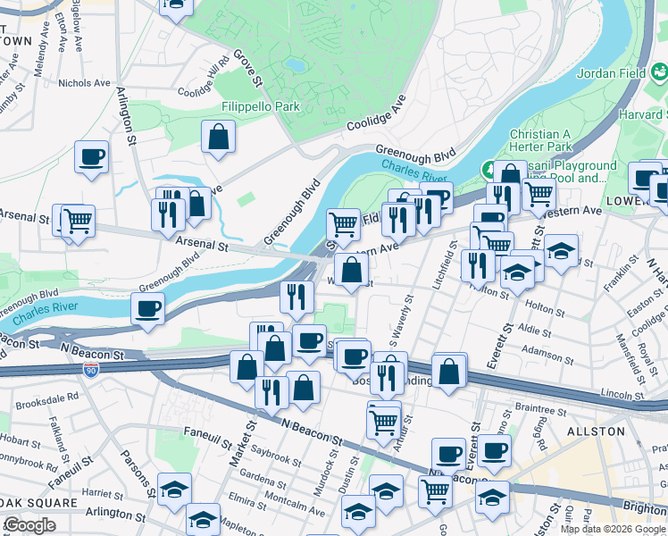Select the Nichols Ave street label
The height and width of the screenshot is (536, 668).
point(84,83)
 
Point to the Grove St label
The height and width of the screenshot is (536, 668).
point(247,69)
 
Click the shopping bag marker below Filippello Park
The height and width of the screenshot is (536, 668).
point(218,138)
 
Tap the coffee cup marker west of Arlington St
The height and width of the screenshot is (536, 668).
point(92,158)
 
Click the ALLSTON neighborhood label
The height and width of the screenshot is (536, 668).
point(596,431)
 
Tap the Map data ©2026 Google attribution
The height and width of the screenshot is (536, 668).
point(613,529)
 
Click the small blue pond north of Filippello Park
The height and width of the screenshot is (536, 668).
point(294,64)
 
